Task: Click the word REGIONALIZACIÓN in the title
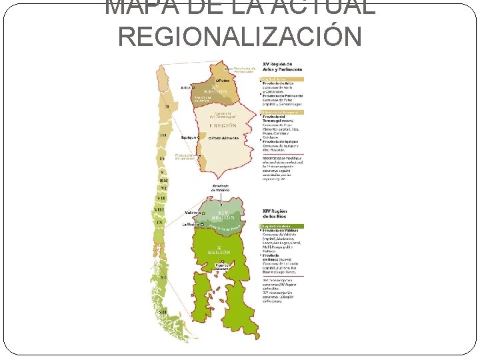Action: pyautogui.click(x=239, y=36)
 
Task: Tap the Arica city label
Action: pyautogui.click(x=186, y=87)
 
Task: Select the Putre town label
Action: pyautogui.click(x=223, y=81)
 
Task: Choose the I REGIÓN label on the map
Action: pyautogui.click(x=223, y=125)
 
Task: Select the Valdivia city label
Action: pyautogui.click(x=192, y=213)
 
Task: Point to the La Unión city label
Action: pyautogui.click(x=190, y=225)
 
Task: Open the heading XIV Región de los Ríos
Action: pyautogui.click(x=279, y=214)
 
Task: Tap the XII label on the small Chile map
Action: pyautogui.click(x=162, y=311)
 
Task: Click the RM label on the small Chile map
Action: pyautogui.click(x=163, y=180)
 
